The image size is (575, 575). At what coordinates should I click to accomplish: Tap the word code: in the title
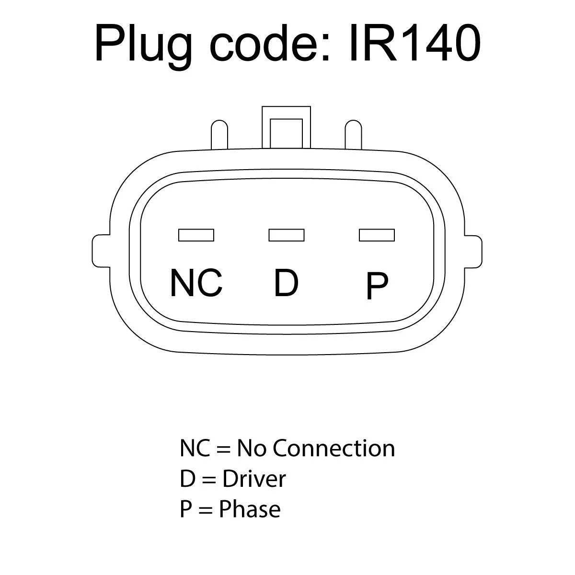271,44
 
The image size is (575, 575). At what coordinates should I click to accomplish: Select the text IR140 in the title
414,44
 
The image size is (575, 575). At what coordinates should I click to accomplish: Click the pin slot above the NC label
196,235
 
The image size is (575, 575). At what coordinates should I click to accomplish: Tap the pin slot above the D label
287,235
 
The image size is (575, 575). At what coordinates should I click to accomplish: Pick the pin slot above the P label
377,235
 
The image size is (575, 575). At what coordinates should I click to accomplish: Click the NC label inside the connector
196,283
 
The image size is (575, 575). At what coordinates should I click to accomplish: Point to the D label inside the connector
286,283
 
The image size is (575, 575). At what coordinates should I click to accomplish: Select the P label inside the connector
377,286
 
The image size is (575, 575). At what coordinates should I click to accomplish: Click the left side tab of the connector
101,250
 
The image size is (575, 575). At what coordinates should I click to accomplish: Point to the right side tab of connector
473,250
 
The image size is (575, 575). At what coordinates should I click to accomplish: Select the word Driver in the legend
254,479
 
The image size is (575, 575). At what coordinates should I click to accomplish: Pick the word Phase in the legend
250,509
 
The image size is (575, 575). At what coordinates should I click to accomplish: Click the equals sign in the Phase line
205,510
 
